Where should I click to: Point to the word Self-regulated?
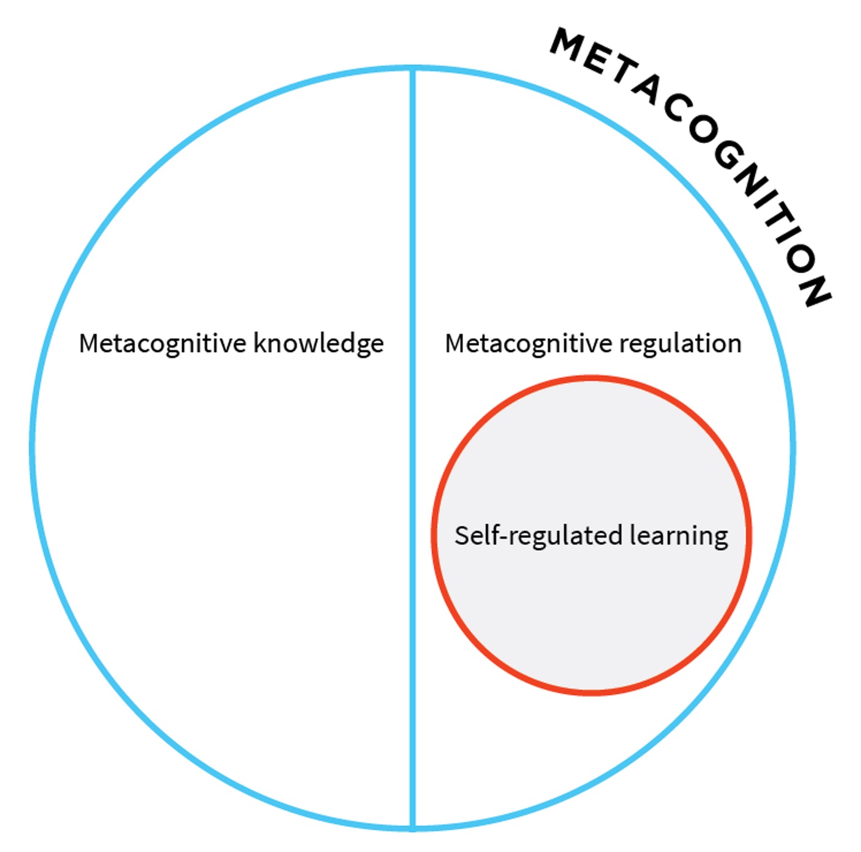tap(538, 536)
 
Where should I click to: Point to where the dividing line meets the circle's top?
tap(413, 68)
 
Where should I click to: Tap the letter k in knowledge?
tap(260, 343)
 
